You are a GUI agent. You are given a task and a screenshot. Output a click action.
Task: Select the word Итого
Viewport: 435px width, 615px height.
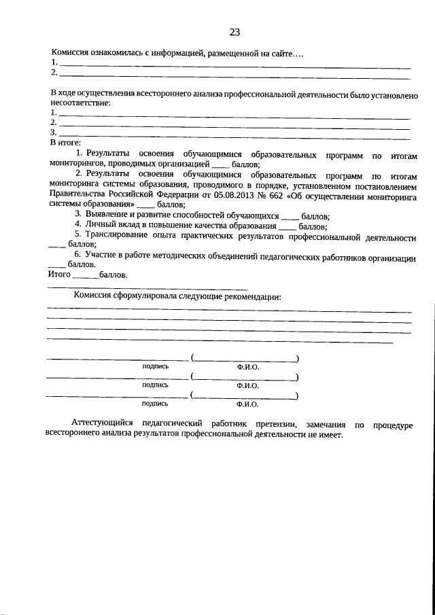pyautogui.click(x=59, y=275)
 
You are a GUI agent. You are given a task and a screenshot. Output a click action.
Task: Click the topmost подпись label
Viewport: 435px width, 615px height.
pyautogui.click(x=156, y=366)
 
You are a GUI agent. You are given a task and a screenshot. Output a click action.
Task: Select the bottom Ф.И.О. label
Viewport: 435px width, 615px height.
pyautogui.click(x=248, y=403)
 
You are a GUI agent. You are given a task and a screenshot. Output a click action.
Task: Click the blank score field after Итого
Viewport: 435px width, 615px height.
pyautogui.click(x=85, y=275)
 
